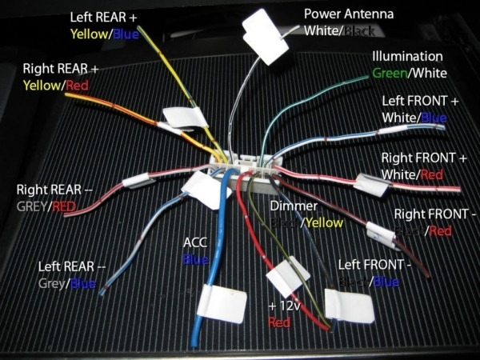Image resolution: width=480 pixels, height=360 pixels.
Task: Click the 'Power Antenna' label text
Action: tap(349, 14)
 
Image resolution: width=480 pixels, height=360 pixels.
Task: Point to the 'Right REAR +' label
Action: tap(61, 69)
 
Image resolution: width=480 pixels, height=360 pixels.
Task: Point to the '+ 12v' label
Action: tap(282, 306)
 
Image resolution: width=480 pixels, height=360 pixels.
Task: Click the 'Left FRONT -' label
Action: tap(369, 264)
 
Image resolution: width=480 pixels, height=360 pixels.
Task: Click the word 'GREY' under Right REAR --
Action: tap(33, 206)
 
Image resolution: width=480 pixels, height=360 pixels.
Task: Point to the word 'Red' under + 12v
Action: tap(279, 322)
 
